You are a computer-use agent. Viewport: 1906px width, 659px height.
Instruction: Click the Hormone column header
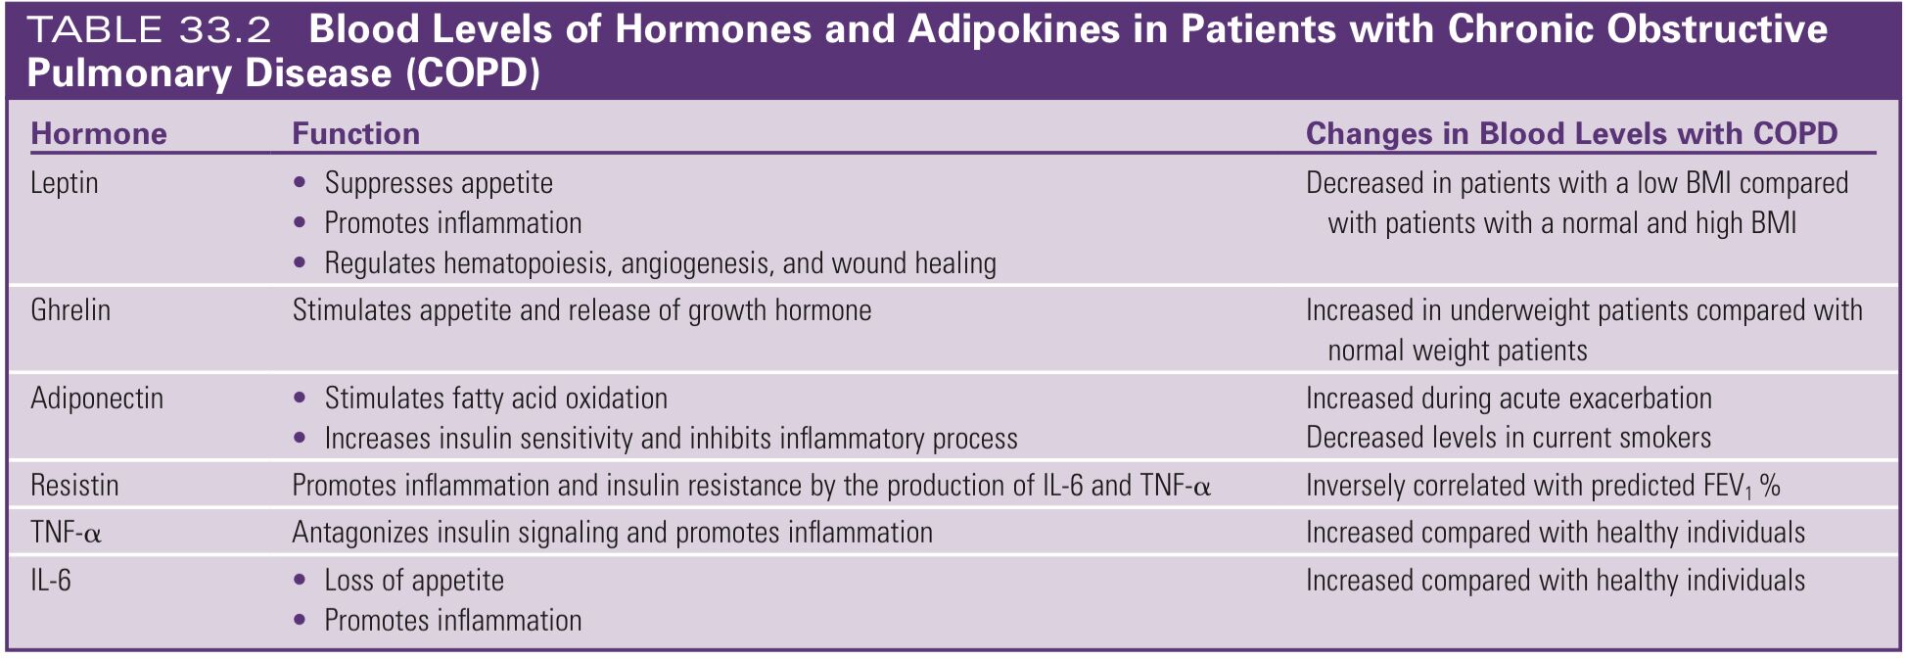[x=99, y=133]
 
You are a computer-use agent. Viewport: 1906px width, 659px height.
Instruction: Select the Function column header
[x=356, y=133]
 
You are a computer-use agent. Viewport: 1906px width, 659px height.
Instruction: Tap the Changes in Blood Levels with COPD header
[x=1572, y=133]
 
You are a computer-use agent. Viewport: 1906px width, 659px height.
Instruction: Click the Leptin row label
[x=65, y=183]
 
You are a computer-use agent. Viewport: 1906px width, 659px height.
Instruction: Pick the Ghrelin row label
[x=70, y=310]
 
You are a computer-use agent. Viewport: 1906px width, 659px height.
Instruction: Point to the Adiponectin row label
[x=97, y=399]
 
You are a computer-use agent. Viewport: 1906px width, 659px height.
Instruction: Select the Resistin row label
[x=74, y=485]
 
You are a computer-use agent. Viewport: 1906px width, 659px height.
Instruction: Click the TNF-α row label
[x=67, y=533]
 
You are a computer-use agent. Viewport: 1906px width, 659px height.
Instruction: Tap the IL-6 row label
[x=51, y=581]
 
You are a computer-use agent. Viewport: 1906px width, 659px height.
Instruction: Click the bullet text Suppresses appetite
[x=439, y=183]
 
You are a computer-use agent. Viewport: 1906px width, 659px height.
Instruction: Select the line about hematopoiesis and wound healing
[x=661, y=262]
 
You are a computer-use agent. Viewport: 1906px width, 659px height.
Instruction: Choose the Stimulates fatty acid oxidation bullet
[x=496, y=399]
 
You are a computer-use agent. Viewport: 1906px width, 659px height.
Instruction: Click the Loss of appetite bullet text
[x=414, y=581]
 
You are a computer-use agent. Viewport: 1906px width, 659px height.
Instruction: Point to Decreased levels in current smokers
[x=1509, y=438]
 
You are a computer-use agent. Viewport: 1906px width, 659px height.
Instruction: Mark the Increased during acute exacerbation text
[x=1509, y=399]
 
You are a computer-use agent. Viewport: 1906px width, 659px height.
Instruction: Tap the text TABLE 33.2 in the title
[x=149, y=30]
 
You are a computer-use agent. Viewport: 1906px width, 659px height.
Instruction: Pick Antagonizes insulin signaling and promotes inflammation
[x=612, y=533]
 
